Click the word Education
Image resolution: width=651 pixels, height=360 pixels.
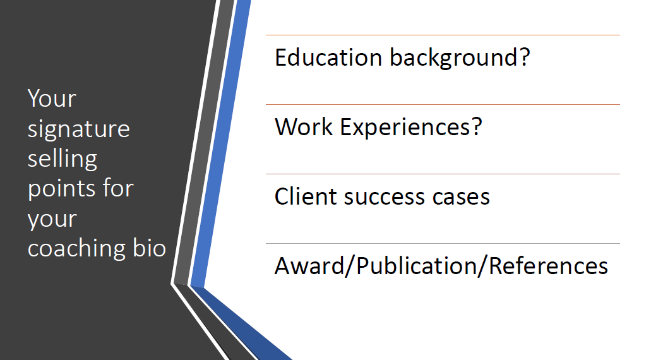(x=328, y=57)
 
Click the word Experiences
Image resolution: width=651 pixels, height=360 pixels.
(x=405, y=128)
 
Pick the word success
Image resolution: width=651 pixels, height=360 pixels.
(x=385, y=198)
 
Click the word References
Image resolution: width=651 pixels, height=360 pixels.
(x=549, y=266)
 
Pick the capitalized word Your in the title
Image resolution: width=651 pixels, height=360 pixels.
(x=52, y=99)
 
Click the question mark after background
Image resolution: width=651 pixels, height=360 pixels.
(x=525, y=57)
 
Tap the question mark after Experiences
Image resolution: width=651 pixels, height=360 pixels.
(x=477, y=127)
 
